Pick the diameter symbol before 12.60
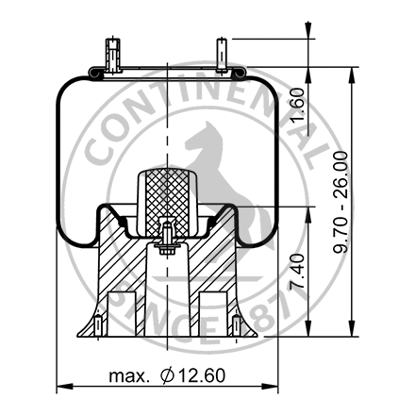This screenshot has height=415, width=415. click(167, 375)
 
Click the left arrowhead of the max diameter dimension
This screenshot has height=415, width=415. click(62, 387)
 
